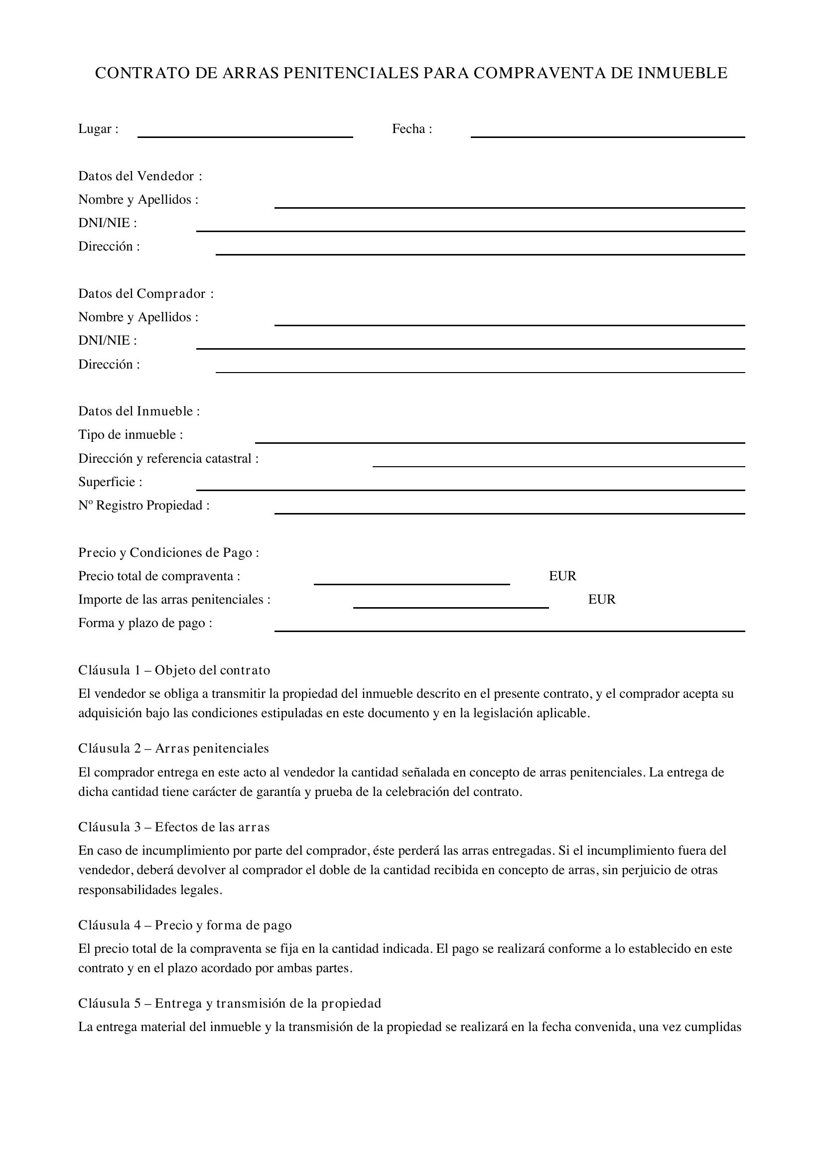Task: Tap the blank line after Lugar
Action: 245,133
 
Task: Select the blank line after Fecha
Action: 607,133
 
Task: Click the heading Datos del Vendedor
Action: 140,176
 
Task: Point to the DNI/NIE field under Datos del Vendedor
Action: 470,227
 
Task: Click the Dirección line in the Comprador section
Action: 480,369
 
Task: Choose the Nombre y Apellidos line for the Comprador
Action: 510,321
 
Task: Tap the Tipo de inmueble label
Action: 131,435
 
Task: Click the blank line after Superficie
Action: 470,486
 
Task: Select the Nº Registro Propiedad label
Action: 143,506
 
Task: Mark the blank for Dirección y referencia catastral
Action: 558,463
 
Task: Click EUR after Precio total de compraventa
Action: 562,576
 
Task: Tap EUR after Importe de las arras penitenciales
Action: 601,599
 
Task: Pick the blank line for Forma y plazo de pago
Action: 510,627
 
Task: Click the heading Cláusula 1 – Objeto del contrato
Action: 174,670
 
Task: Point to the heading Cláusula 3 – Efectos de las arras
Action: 174,827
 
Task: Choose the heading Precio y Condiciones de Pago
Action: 168,552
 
